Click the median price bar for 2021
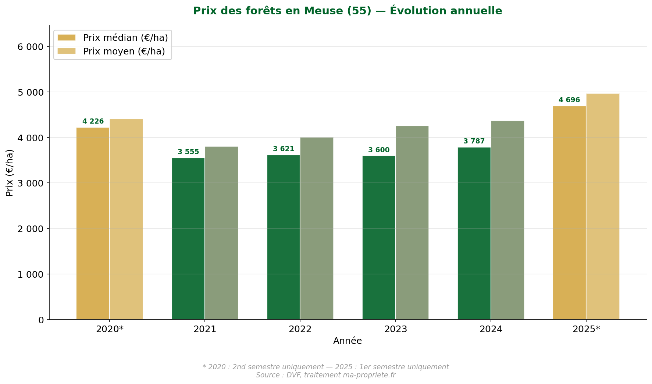pyautogui.click(x=188, y=239)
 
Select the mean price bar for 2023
pyautogui.click(x=412, y=223)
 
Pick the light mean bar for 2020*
pyautogui.click(x=126, y=219)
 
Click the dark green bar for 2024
pyautogui.click(x=474, y=233)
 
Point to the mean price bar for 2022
pyautogui.click(x=317, y=228)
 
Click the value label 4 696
pyautogui.click(x=569, y=100)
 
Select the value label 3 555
pyautogui.click(x=188, y=152)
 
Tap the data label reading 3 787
pyautogui.click(x=474, y=141)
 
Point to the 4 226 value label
pyautogui.click(x=93, y=121)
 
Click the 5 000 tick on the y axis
pyautogui.click(x=31, y=92)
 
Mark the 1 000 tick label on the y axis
pyautogui.click(x=31, y=274)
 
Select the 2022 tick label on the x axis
pyautogui.click(x=300, y=329)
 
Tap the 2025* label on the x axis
pyautogui.click(x=586, y=329)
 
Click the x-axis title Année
pyautogui.click(x=348, y=341)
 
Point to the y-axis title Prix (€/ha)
pyautogui.click(x=10, y=173)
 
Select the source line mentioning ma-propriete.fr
pyautogui.click(x=325, y=375)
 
